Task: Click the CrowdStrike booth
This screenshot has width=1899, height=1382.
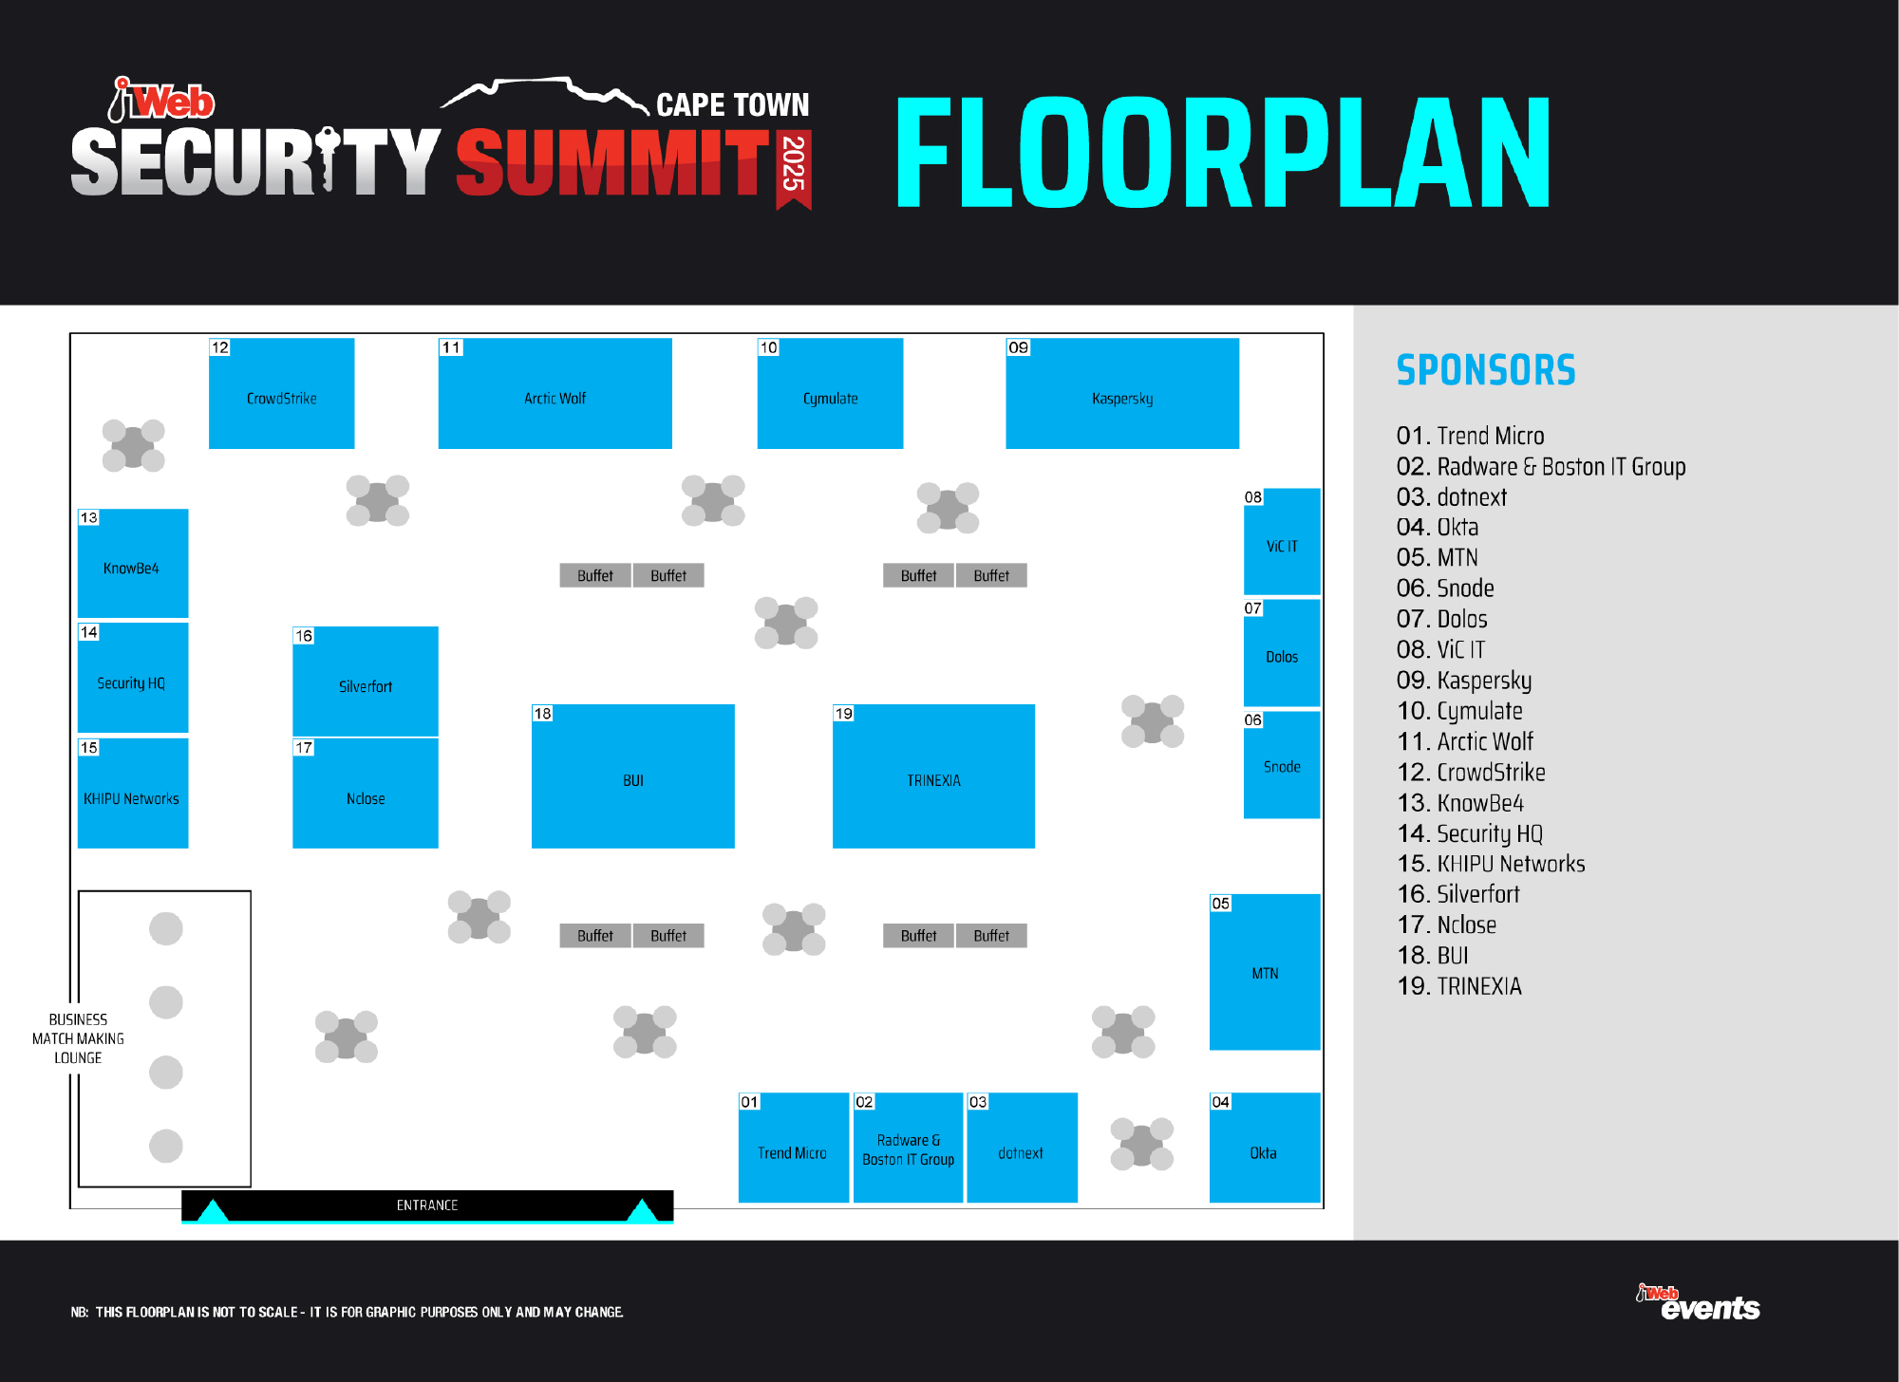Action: (x=281, y=393)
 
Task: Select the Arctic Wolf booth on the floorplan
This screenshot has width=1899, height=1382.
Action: (x=555, y=393)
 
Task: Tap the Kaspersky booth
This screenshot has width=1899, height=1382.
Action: (x=1122, y=393)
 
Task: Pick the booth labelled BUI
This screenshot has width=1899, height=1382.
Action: (x=632, y=775)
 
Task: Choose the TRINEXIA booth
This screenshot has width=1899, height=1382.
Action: (x=933, y=775)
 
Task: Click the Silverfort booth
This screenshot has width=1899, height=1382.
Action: (x=366, y=681)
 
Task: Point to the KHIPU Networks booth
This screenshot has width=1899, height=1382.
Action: (x=133, y=793)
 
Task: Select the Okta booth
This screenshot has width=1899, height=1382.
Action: (x=1265, y=1148)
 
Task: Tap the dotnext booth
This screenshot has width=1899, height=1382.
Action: (x=1022, y=1148)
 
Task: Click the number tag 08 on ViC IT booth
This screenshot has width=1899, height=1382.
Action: (x=1253, y=497)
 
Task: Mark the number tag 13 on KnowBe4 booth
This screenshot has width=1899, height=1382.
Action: (x=88, y=517)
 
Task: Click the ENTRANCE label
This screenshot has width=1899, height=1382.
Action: (x=427, y=1205)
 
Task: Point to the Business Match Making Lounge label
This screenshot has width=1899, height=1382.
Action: (x=78, y=1038)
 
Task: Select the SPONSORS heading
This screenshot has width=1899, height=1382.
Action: (x=1486, y=370)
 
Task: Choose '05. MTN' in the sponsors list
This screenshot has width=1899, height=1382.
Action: (x=1438, y=557)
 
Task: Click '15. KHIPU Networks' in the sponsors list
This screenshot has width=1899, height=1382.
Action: (x=1491, y=864)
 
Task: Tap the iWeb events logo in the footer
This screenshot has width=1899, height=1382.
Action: (x=1698, y=1302)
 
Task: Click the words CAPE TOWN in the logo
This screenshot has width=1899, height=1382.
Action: (x=733, y=104)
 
